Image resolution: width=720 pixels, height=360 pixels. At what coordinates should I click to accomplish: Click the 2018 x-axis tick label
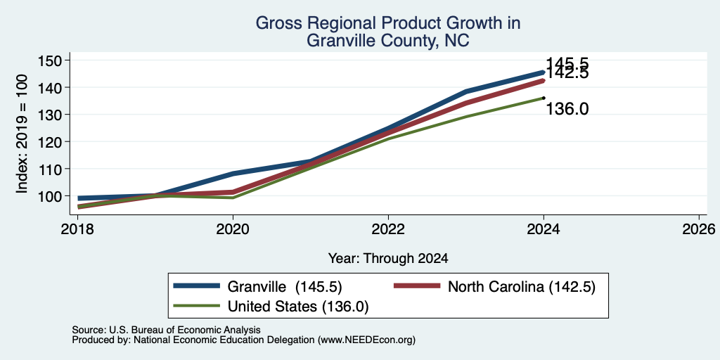tap(77, 229)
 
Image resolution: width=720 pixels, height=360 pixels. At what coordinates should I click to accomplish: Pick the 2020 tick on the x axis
tap(233, 229)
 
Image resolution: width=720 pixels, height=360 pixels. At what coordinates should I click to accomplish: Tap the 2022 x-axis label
tap(388, 229)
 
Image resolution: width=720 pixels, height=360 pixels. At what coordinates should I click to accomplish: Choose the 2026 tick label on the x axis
tap(699, 229)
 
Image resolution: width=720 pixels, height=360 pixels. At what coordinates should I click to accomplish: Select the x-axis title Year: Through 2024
tap(388, 259)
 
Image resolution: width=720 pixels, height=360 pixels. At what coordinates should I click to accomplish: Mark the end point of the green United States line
tap(544, 97)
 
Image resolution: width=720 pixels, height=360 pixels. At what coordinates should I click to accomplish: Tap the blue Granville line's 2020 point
tap(233, 174)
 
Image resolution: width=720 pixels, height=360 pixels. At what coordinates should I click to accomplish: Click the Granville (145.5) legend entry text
tap(285, 287)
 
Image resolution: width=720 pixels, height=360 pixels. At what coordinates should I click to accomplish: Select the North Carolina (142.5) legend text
tap(522, 287)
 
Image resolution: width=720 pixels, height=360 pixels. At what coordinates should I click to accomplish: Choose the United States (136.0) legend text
tap(298, 307)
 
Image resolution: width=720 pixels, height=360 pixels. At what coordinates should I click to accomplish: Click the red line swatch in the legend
tap(417, 286)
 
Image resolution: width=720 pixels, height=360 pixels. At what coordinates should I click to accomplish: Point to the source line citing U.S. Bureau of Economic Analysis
tap(166, 330)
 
